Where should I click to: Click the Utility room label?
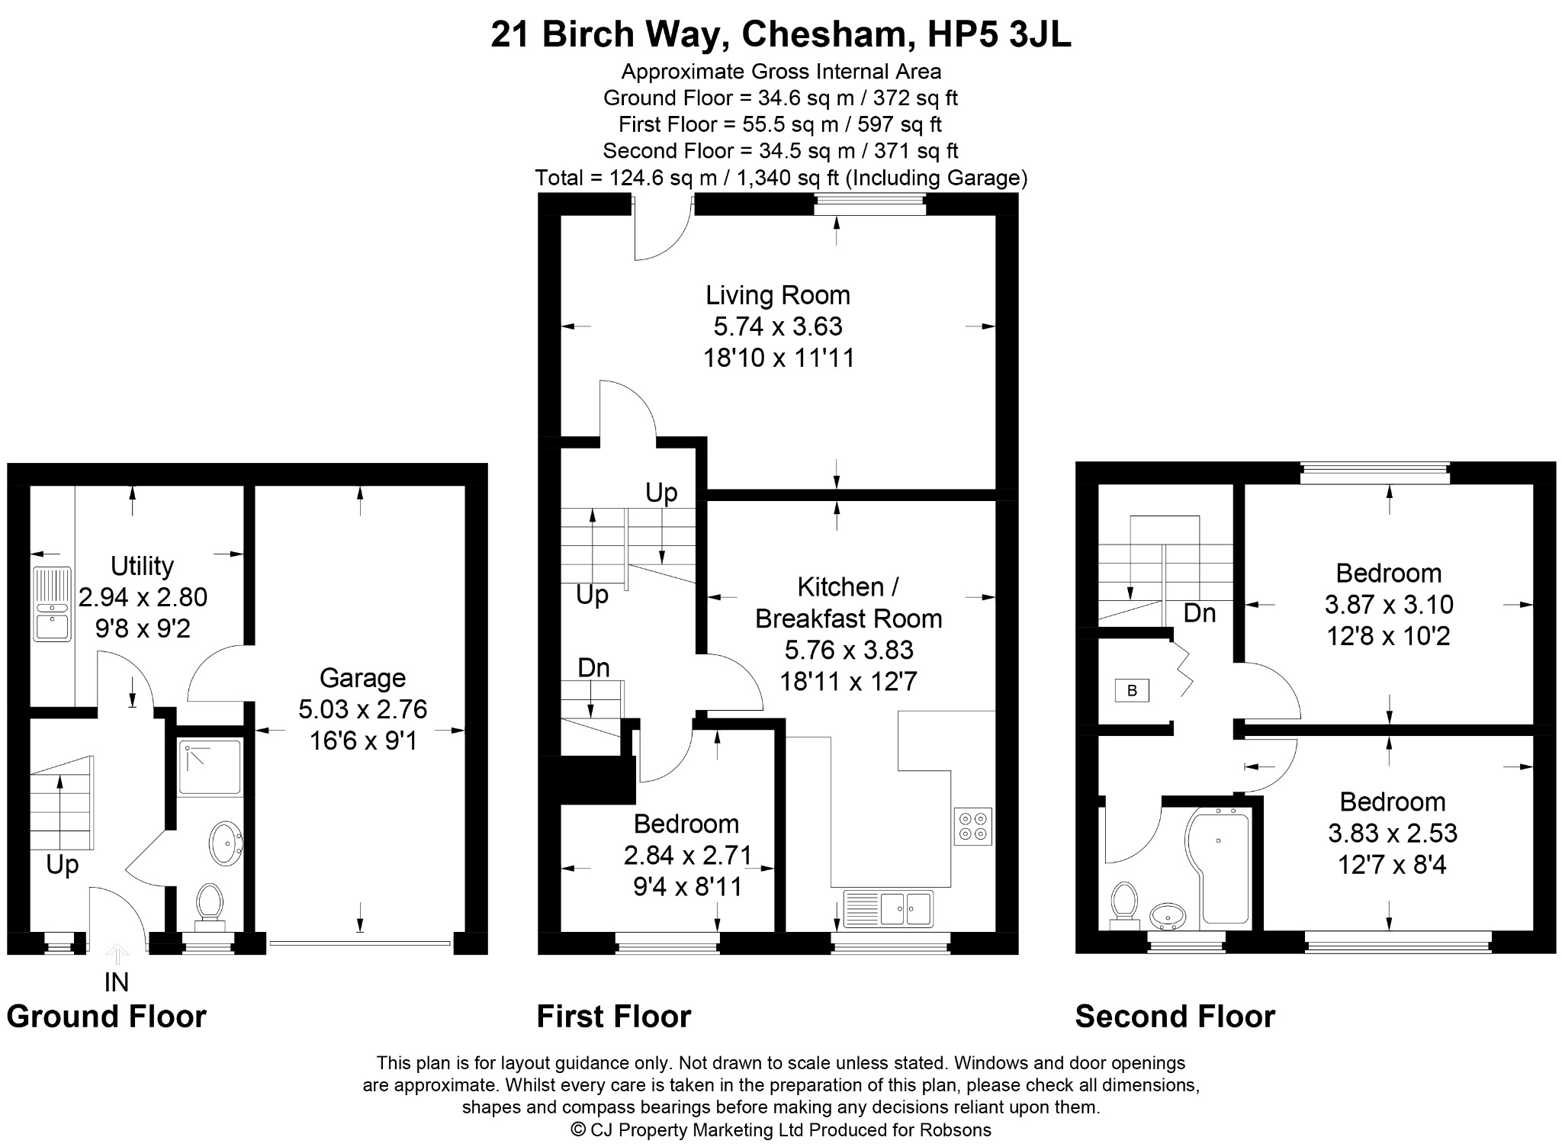[x=142, y=566]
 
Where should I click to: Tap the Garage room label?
[x=362, y=678]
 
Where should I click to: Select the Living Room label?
[x=777, y=295]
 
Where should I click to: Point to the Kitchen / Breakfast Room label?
[x=848, y=602]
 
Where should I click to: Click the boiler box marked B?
[x=1132, y=691]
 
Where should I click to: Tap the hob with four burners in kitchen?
[x=972, y=827]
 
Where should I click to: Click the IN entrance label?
[x=116, y=982]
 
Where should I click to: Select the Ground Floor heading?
[x=107, y=1017]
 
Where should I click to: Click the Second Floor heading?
[x=1175, y=1017]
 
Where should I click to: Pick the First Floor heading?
[x=614, y=1017]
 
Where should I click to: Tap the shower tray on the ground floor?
[x=210, y=766]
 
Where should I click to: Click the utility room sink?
[x=51, y=603]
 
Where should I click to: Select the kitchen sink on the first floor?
[x=888, y=907]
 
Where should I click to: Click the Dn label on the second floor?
[x=1199, y=613]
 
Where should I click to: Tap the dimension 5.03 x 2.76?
[x=362, y=709]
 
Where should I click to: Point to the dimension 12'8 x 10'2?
[x=1388, y=635]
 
